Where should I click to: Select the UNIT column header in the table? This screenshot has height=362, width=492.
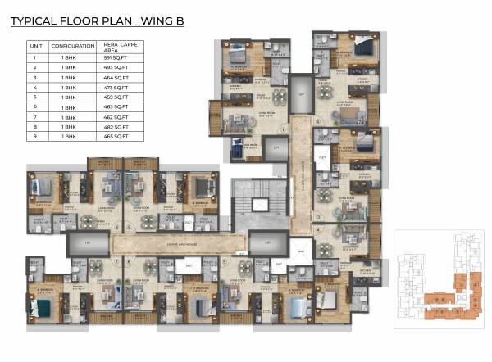(x=34, y=46)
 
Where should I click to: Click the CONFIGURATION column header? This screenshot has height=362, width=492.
(x=73, y=46)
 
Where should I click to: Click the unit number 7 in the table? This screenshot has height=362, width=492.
(x=34, y=117)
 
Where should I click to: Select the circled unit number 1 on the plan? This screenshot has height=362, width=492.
(x=283, y=129)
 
